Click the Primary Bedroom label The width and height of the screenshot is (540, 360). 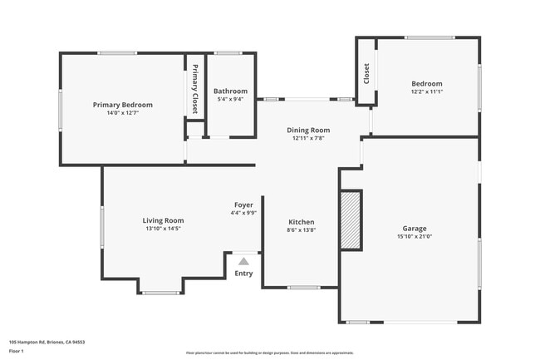123,105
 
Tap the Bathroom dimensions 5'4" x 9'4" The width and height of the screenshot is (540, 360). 230,99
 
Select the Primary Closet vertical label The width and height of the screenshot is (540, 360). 195,88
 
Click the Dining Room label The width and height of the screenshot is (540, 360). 308,130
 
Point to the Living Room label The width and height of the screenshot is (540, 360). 163,220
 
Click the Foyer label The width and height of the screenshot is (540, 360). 243,205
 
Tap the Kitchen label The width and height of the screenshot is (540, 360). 301,222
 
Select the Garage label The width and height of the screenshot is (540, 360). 415,228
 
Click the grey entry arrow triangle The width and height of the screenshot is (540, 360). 243,261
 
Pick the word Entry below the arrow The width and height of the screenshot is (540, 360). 243,274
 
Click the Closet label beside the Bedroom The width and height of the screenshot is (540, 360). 366,73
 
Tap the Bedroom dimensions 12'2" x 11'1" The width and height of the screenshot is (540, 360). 427,91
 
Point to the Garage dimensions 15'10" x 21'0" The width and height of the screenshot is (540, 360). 415,236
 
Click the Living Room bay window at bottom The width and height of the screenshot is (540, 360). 160,292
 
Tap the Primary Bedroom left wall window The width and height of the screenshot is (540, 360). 60,109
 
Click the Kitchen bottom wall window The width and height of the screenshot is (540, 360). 304,288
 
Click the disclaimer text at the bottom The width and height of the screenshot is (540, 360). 270,353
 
